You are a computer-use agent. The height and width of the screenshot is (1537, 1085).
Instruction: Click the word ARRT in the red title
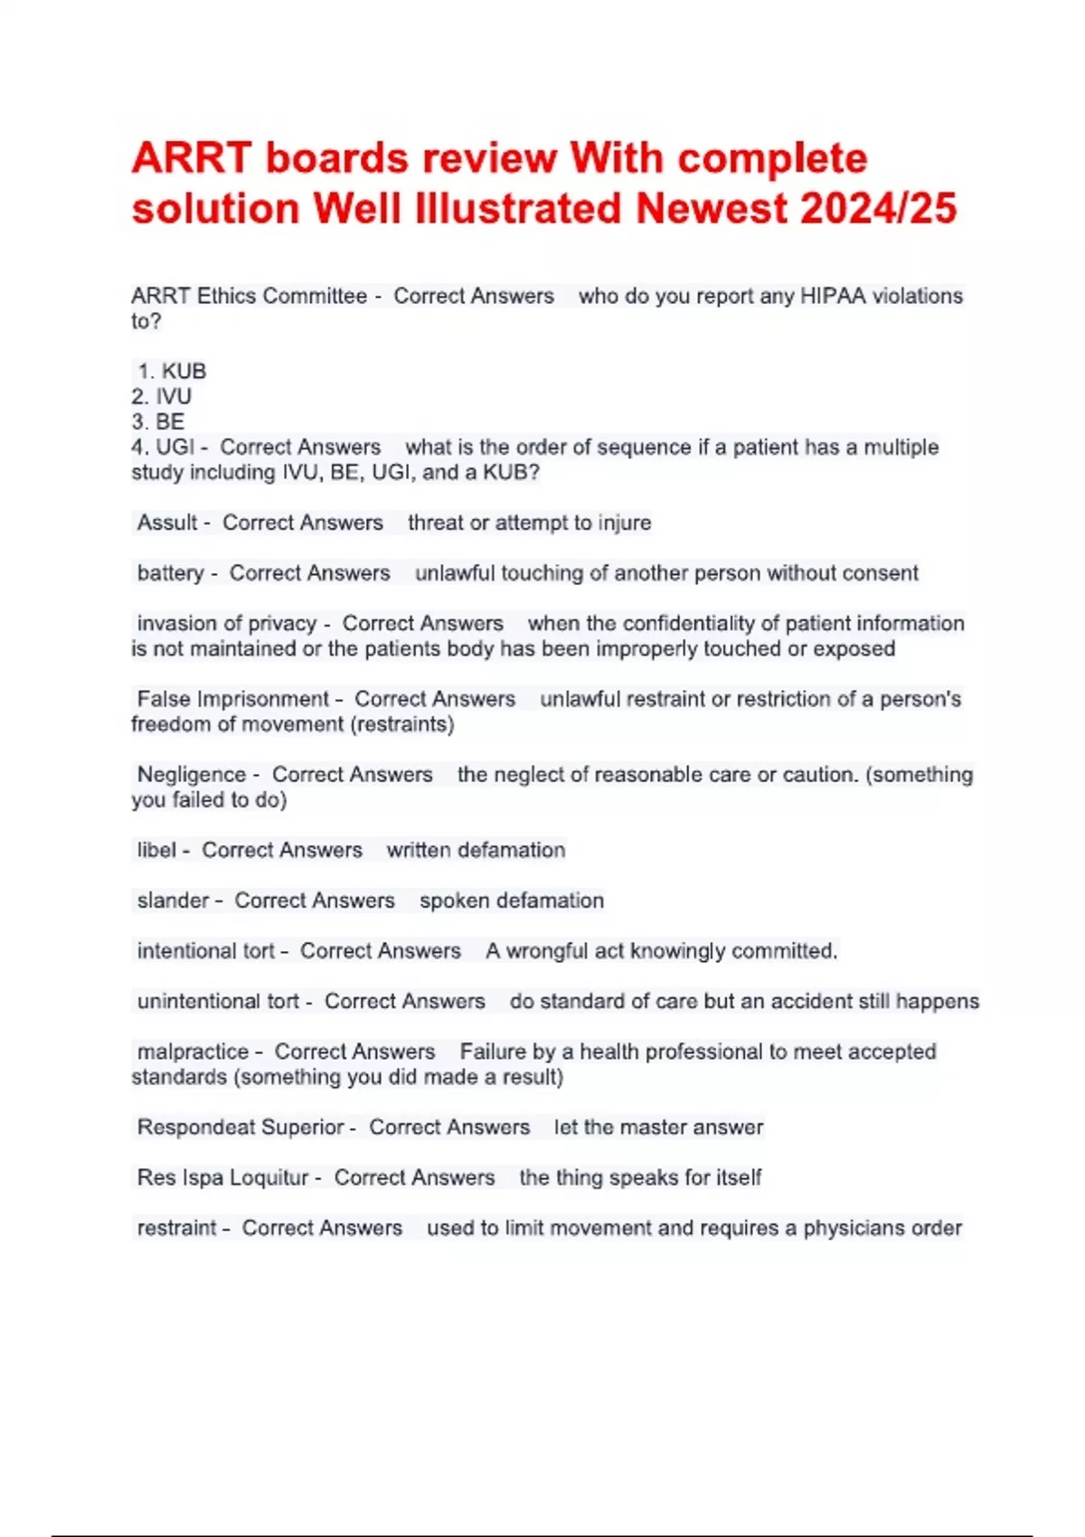191,159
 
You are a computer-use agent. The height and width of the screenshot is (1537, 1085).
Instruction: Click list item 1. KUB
172,371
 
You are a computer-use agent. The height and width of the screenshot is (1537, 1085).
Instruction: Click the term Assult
167,523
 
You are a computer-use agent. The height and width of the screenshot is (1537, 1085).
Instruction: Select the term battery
170,573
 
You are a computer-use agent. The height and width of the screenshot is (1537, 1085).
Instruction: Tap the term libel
156,850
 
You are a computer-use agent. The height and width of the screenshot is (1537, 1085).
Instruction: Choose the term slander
173,901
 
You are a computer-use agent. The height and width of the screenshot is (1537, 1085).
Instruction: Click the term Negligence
191,775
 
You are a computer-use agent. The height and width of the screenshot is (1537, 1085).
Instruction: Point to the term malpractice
193,1051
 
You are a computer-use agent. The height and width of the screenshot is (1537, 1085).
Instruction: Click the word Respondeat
194,1127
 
